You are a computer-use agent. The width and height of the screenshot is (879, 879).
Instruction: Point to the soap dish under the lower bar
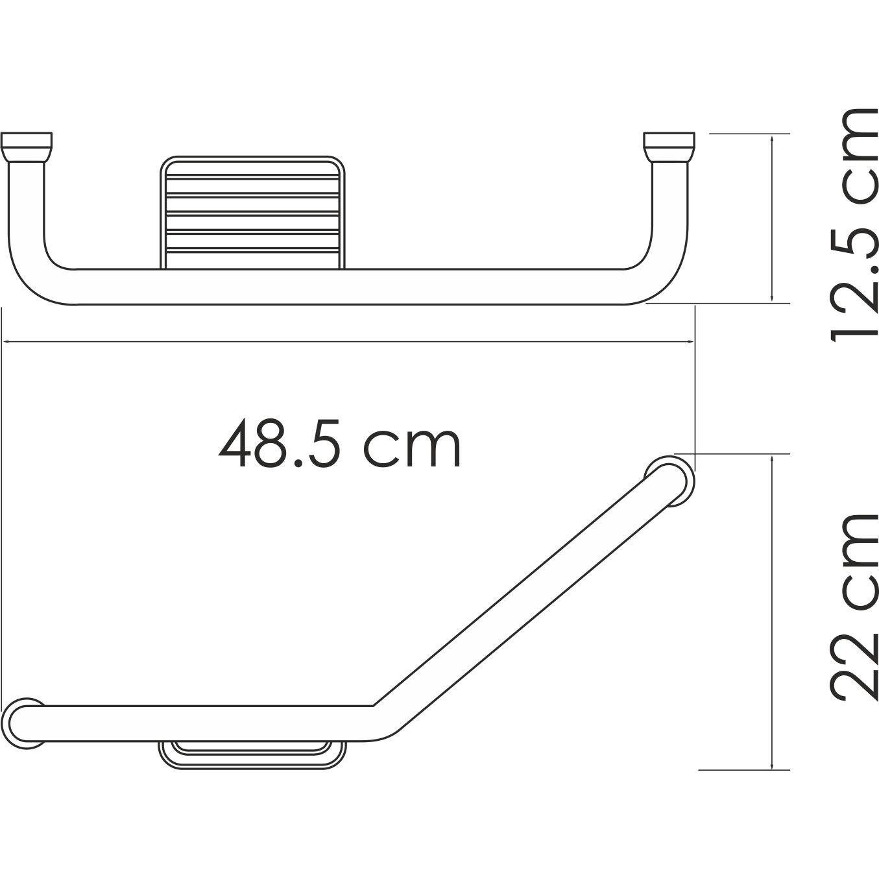[252, 754]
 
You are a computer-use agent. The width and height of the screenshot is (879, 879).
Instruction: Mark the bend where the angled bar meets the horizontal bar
[379, 717]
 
